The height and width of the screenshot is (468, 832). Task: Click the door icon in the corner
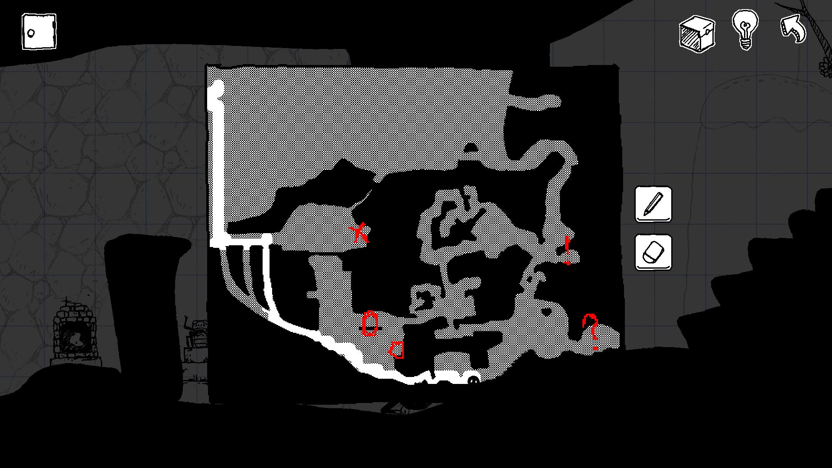click(x=39, y=32)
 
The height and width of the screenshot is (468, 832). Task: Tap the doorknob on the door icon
click(x=31, y=33)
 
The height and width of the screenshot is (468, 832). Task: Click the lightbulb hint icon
click(x=745, y=29)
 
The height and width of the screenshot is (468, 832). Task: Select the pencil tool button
click(x=653, y=205)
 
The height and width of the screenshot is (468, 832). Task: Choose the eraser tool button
click(x=653, y=253)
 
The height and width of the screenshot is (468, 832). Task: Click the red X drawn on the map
click(x=360, y=233)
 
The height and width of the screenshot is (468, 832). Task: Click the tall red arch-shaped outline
click(x=370, y=324)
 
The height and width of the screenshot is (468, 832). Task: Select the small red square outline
click(x=397, y=350)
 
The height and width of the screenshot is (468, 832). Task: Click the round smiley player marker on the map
click(x=473, y=380)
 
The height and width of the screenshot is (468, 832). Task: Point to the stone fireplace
click(x=74, y=334)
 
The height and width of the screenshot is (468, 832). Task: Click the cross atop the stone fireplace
click(x=66, y=300)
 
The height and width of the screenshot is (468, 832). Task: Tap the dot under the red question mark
click(x=595, y=348)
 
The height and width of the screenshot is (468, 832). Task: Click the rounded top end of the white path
click(x=218, y=87)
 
